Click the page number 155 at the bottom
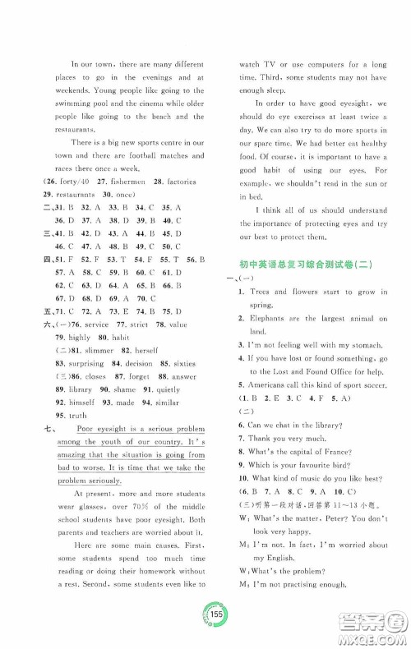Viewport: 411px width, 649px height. point(206,616)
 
